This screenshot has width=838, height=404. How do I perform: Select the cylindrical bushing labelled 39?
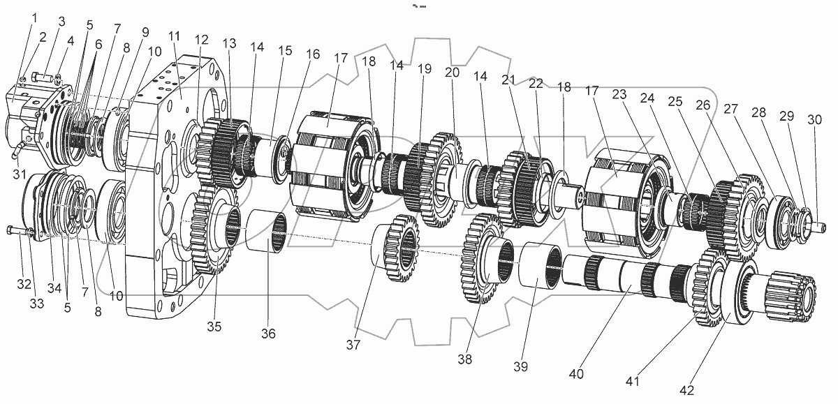pyautogui.click(x=538, y=265)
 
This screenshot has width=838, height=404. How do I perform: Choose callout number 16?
pyautogui.click(x=313, y=54)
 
